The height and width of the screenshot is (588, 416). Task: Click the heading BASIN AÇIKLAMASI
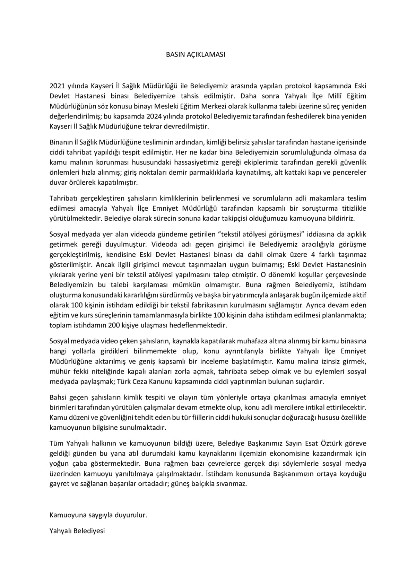click(x=196, y=55)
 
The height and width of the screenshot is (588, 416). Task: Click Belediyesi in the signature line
click(x=89, y=530)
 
